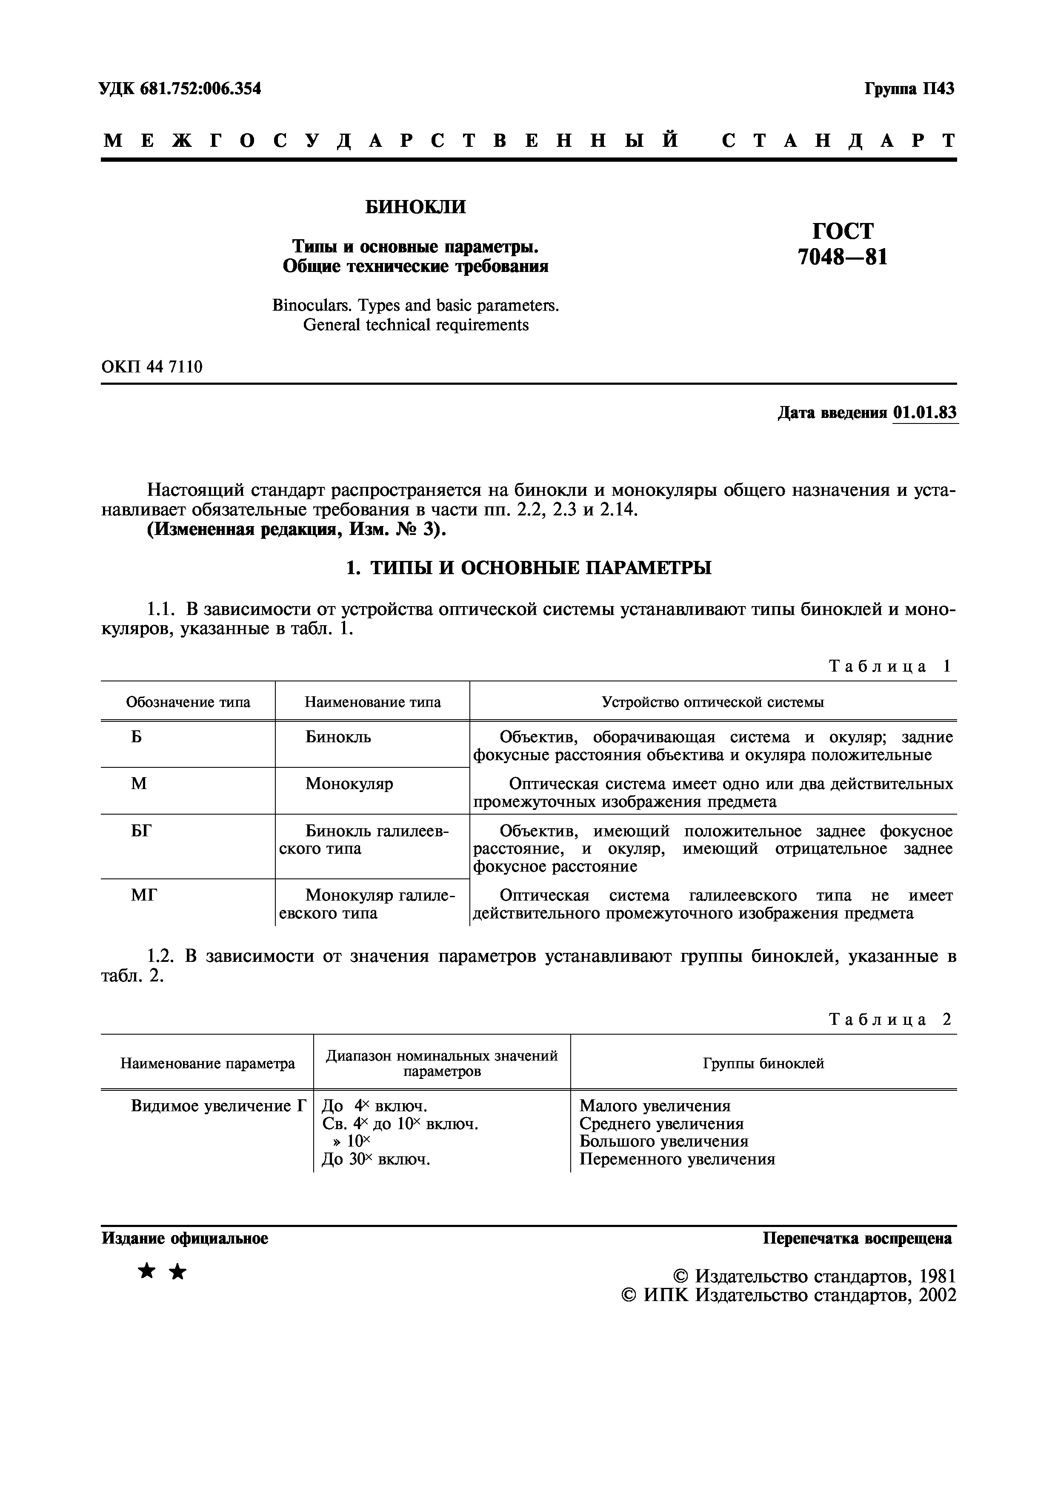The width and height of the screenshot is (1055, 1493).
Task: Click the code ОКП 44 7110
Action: (152, 367)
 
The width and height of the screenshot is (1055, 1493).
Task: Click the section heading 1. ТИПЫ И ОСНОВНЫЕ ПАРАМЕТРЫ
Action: (528, 568)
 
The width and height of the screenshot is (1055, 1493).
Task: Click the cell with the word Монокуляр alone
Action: (349, 784)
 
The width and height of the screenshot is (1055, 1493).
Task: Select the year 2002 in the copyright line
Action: (936, 1296)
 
